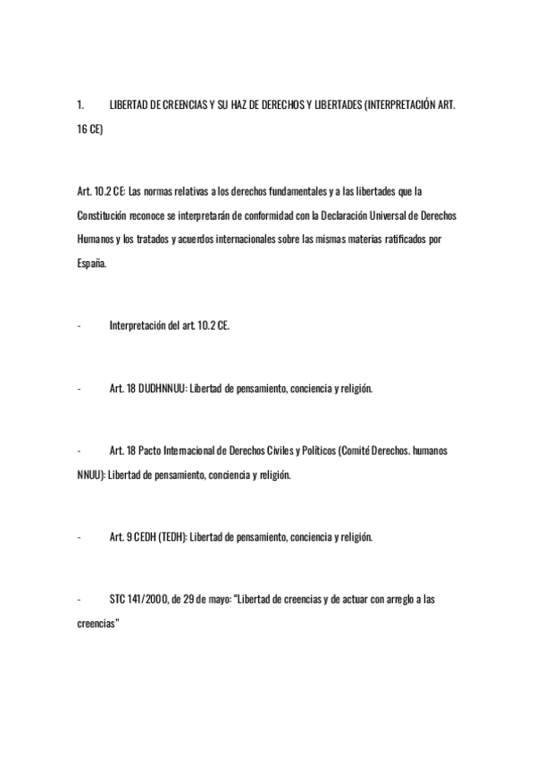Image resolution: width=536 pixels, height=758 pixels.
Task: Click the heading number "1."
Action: click(x=80, y=105)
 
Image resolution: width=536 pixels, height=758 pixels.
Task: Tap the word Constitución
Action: click(x=103, y=215)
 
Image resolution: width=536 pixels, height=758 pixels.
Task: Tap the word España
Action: click(x=91, y=265)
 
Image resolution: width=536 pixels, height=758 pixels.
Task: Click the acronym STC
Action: click(x=118, y=599)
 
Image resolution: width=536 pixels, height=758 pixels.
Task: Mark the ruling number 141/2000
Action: click(x=150, y=599)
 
